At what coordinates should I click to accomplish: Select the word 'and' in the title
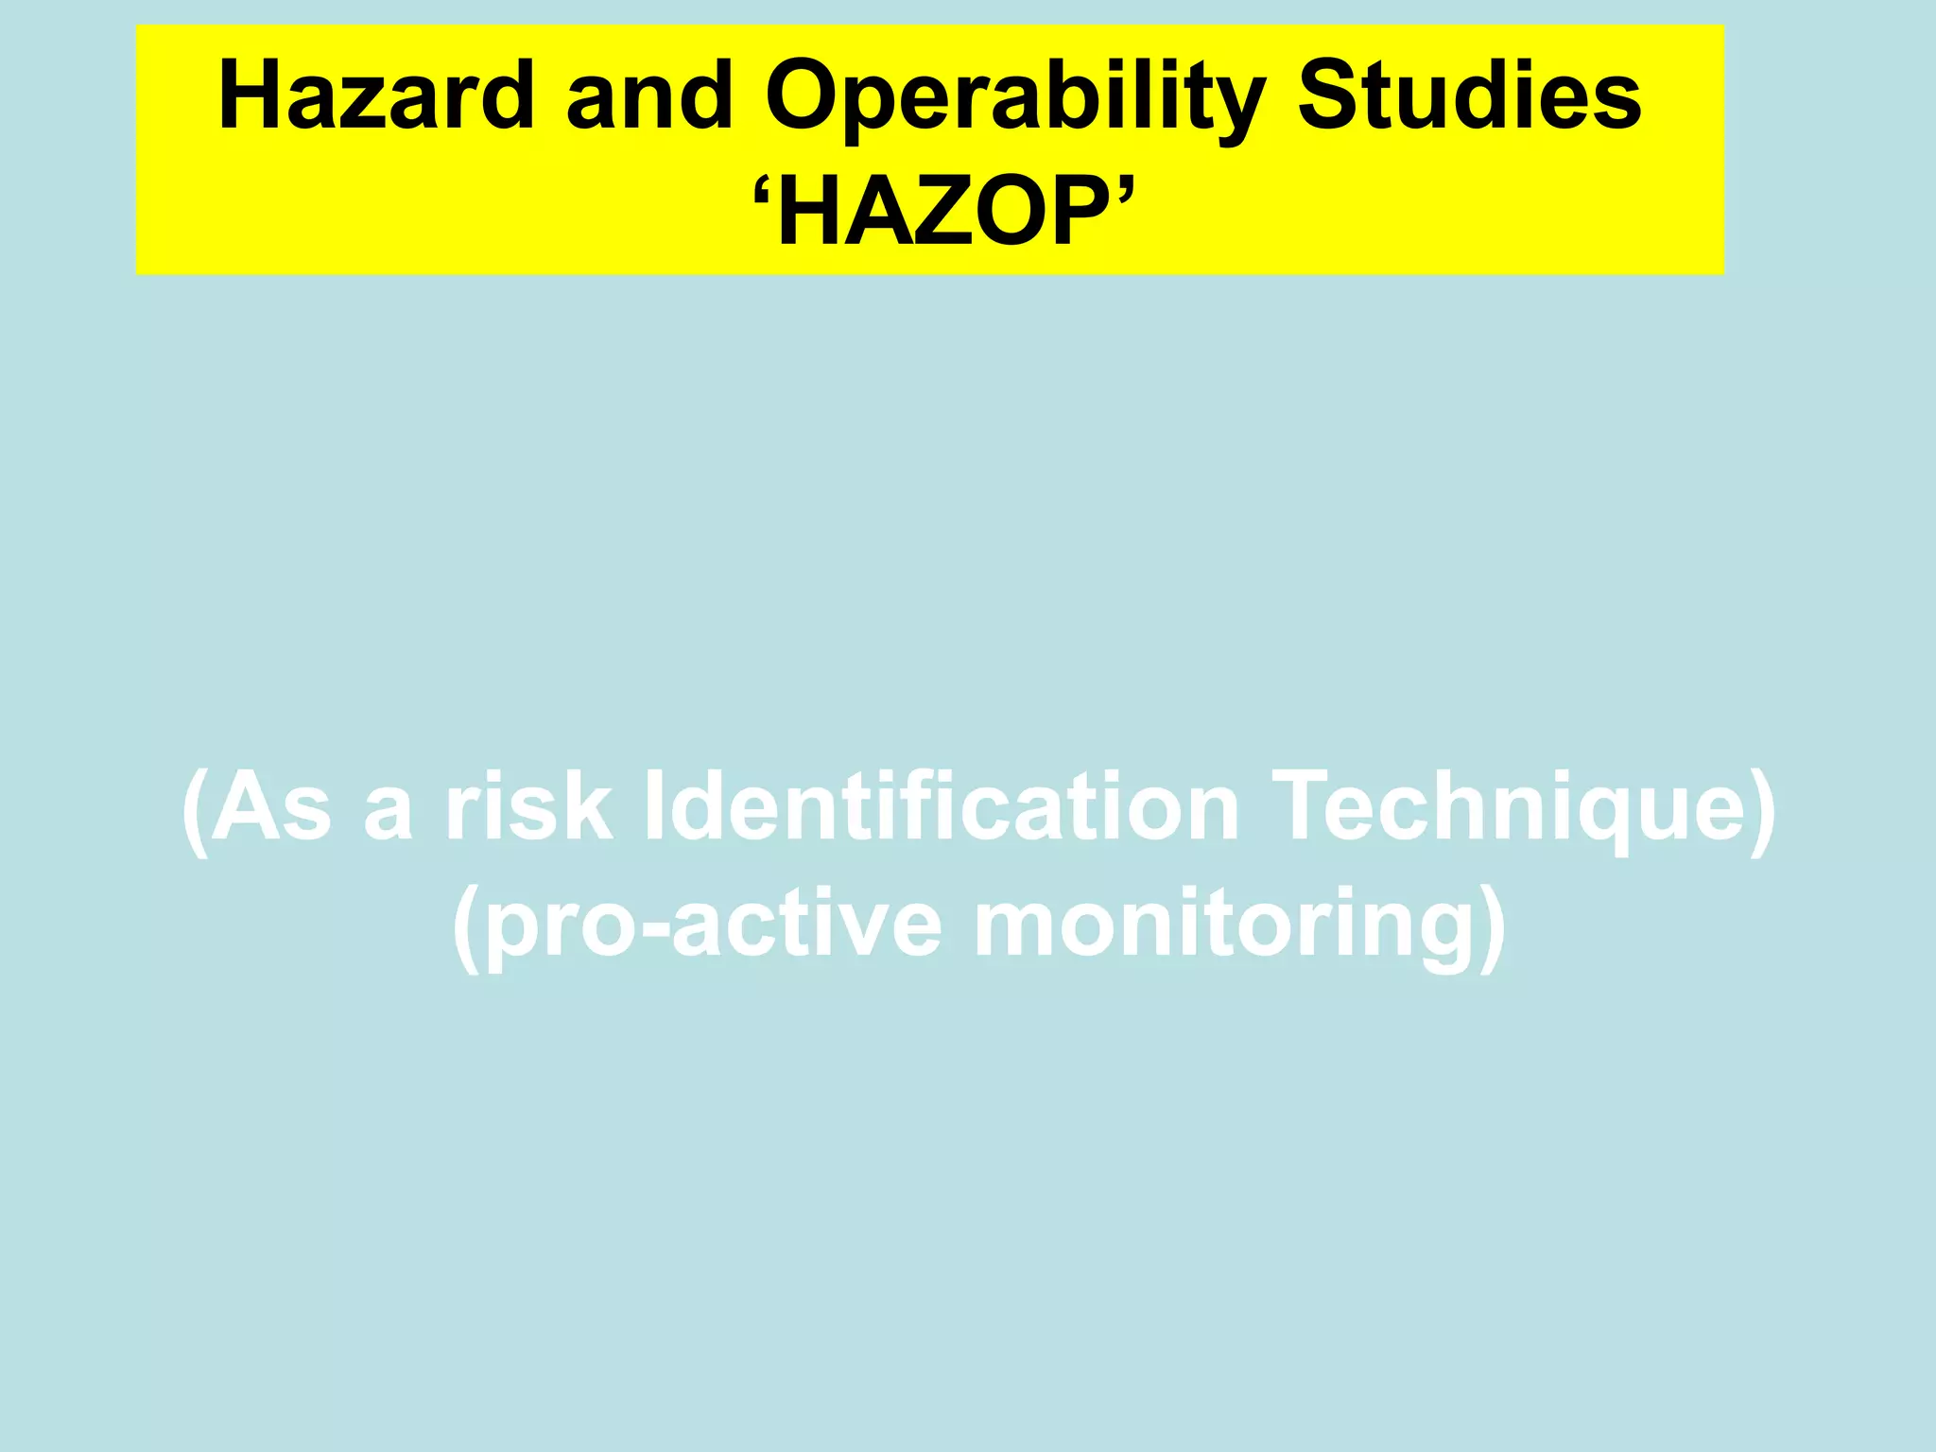pyautogui.click(x=649, y=95)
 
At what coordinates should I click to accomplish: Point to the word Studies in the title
pyautogui.click(x=1469, y=95)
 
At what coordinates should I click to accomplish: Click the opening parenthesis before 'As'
pyautogui.click(x=195, y=811)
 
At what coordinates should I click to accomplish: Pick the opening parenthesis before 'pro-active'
pyautogui.click(x=466, y=928)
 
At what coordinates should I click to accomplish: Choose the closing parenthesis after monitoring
pyautogui.click(x=1492, y=928)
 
